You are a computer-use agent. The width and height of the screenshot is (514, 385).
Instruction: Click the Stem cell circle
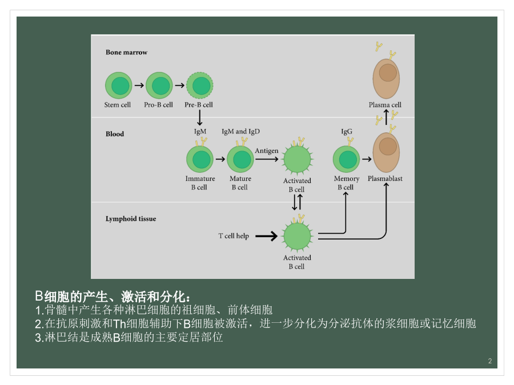[119, 86]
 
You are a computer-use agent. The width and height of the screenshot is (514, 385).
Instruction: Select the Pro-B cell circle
[159, 86]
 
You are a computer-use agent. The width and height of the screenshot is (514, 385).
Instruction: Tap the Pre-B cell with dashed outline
[200, 86]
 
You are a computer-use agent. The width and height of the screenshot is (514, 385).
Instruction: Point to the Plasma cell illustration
[386, 79]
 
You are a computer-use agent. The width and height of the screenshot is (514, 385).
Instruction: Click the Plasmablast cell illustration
[386, 152]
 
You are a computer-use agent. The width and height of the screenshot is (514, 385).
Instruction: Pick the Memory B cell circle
[347, 159]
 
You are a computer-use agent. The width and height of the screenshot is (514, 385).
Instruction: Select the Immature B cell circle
[200, 159]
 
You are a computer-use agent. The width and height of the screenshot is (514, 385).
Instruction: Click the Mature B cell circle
[240, 159]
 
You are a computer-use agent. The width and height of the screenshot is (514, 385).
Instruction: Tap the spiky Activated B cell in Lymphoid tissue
[298, 236]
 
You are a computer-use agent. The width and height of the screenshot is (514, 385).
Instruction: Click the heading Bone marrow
[127, 52]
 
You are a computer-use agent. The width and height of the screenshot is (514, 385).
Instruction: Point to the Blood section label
[115, 134]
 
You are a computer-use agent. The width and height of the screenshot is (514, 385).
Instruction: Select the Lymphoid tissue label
[131, 218]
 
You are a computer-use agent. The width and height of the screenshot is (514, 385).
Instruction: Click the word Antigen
[267, 151]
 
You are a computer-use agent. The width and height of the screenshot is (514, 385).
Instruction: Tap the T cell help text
[234, 236]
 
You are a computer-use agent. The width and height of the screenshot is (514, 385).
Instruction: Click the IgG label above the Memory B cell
[347, 132]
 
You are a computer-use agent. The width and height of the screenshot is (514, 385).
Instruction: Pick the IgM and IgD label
[240, 132]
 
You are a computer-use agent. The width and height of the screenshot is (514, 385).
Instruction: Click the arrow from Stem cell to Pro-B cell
[139, 86]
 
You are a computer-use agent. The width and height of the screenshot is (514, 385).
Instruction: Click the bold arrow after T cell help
[267, 236]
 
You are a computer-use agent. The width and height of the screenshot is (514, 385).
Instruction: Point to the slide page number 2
[490, 361]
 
